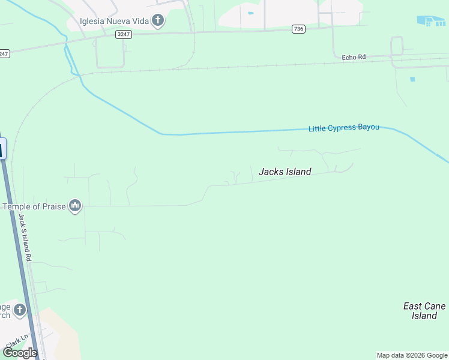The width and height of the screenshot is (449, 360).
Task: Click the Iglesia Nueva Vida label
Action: click(114, 22)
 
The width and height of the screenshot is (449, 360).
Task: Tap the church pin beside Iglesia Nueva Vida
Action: click(158, 22)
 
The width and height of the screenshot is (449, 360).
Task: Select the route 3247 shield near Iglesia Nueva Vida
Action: click(124, 34)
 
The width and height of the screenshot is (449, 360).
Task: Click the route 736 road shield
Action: click(298, 29)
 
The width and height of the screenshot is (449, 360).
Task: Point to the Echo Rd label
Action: click(354, 57)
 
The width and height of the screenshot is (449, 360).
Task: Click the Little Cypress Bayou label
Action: click(343, 128)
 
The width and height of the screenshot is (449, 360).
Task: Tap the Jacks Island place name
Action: click(285, 172)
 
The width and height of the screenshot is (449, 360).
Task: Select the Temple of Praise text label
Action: click(35, 206)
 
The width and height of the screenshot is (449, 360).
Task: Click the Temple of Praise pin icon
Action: click(75, 206)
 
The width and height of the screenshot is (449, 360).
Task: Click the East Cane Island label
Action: click(424, 311)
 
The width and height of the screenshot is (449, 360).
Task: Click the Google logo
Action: click(20, 353)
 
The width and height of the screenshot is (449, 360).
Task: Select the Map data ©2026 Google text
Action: click(412, 355)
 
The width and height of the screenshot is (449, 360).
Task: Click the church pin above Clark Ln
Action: click(19, 310)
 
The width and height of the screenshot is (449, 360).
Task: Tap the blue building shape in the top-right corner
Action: click(432, 20)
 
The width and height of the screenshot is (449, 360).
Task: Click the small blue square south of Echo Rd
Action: click(412, 79)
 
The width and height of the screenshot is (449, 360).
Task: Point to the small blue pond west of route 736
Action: click(250, 13)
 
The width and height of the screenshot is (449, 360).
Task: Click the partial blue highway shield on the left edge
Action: click(2, 148)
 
